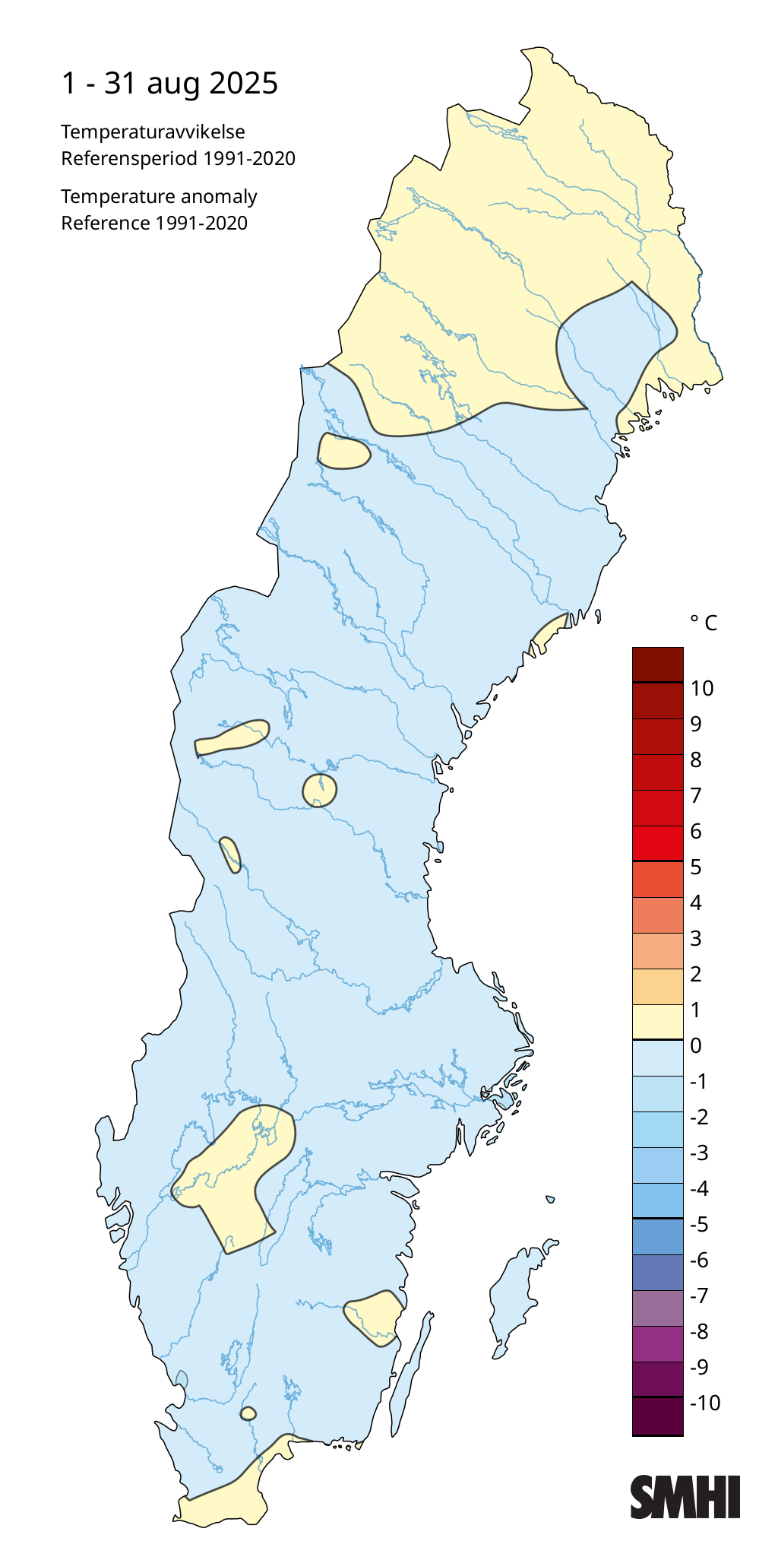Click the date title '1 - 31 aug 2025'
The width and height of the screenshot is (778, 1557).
click(169, 83)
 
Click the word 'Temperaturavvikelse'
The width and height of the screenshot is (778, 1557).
click(153, 132)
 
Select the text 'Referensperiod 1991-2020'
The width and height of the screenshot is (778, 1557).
click(178, 158)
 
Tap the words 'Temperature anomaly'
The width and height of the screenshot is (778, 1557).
click(159, 196)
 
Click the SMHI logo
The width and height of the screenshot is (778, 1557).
click(685, 1497)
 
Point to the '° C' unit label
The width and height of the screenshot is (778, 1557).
click(704, 623)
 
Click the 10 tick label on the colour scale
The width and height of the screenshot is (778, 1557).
click(702, 688)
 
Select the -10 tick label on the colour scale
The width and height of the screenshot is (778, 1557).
click(704, 1403)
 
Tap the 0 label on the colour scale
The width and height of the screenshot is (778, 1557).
click(696, 1045)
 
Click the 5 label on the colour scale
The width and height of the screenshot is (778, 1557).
click(696, 867)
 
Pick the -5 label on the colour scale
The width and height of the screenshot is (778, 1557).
click(699, 1224)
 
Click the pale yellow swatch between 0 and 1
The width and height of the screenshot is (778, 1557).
click(657, 1022)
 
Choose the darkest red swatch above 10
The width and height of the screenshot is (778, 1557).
click(657, 664)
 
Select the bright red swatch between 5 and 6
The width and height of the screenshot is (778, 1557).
click(657, 843)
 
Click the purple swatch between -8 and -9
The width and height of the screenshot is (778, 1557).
click(657, 1344)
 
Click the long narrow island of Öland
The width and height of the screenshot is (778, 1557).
click(410, 1368)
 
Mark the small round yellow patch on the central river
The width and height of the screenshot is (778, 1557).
click(319, 791)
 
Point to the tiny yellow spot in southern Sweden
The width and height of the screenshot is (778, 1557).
click(248, 1414)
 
